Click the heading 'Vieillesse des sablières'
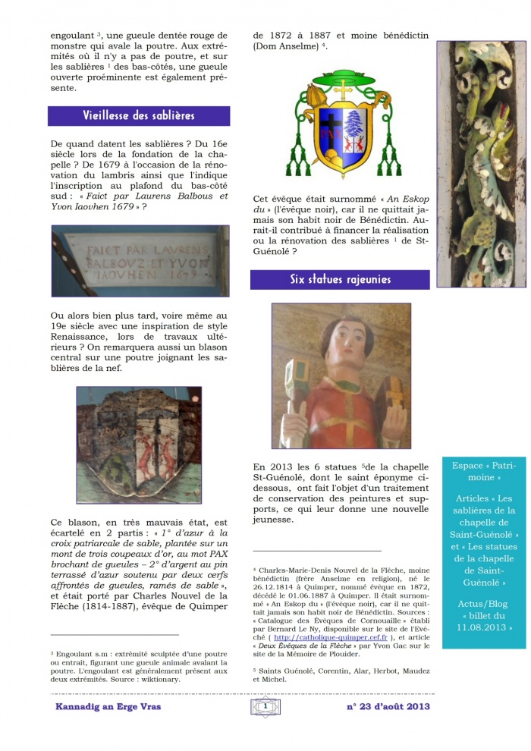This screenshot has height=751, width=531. pyautogui.click(x=139, y=115)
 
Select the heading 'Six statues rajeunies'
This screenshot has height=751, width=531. pyautogui.click(x=340, y=279)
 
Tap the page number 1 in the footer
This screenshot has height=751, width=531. pyautogui.click(x=265, y=707)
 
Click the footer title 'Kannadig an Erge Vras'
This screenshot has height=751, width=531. pyautogui.click(x=108, y=707)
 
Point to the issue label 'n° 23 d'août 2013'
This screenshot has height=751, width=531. pyautogui.click(x=388, y=707)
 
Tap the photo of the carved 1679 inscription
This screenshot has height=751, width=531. pyautogui.click(x=140, y=260)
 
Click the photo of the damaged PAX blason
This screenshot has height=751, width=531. pyautogui.click(x=139, y=445)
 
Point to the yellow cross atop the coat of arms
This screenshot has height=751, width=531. pyautogui.click(x=341, y=90)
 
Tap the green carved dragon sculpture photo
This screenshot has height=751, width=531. pyautogui.click(x=481, y=163)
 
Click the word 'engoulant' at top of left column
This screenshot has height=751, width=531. pyautogui.click(x=74, y=35)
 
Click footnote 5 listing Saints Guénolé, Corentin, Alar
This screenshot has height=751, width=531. pyautogui.click(x=341, y=675)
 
